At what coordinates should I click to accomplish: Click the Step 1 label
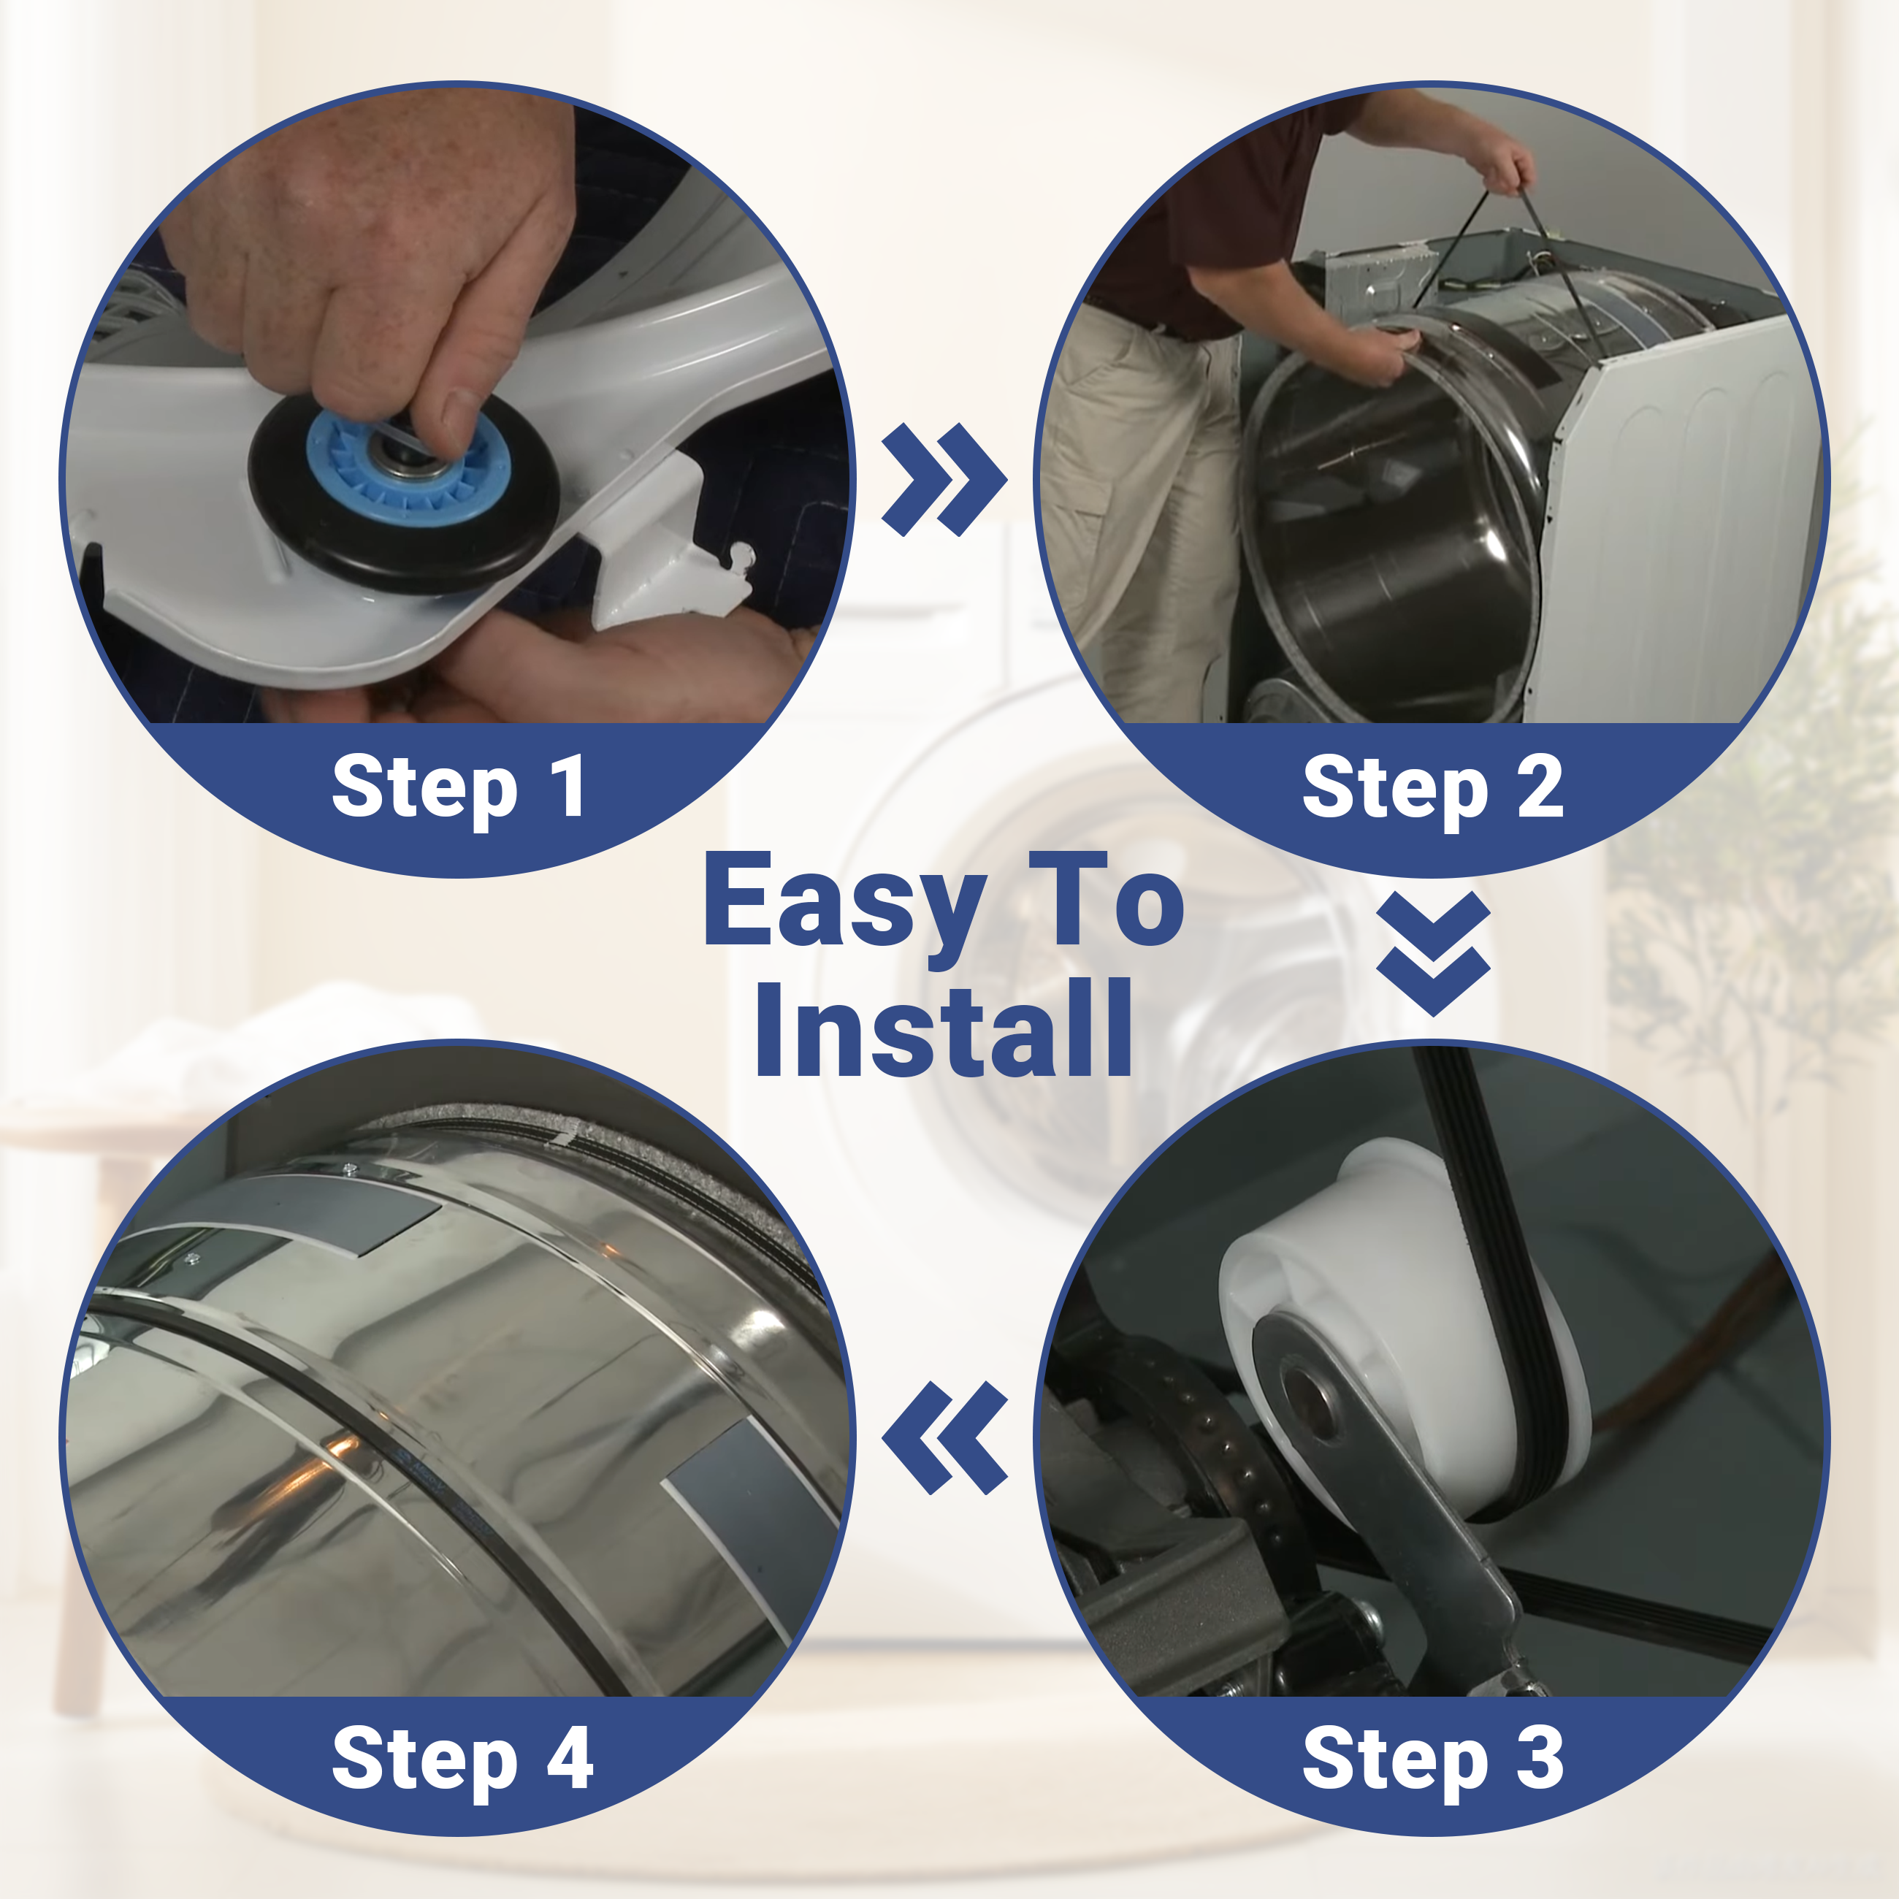(459, 788)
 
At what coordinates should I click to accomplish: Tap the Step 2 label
(1433, 788)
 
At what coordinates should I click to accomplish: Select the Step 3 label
(1433, 1759)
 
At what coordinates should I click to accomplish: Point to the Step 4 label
(462, 1759)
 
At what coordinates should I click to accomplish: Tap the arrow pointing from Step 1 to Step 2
(944, 480)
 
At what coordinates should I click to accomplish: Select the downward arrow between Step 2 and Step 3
(1433, 953)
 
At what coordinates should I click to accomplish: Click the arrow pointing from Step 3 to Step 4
(944, 1438)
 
